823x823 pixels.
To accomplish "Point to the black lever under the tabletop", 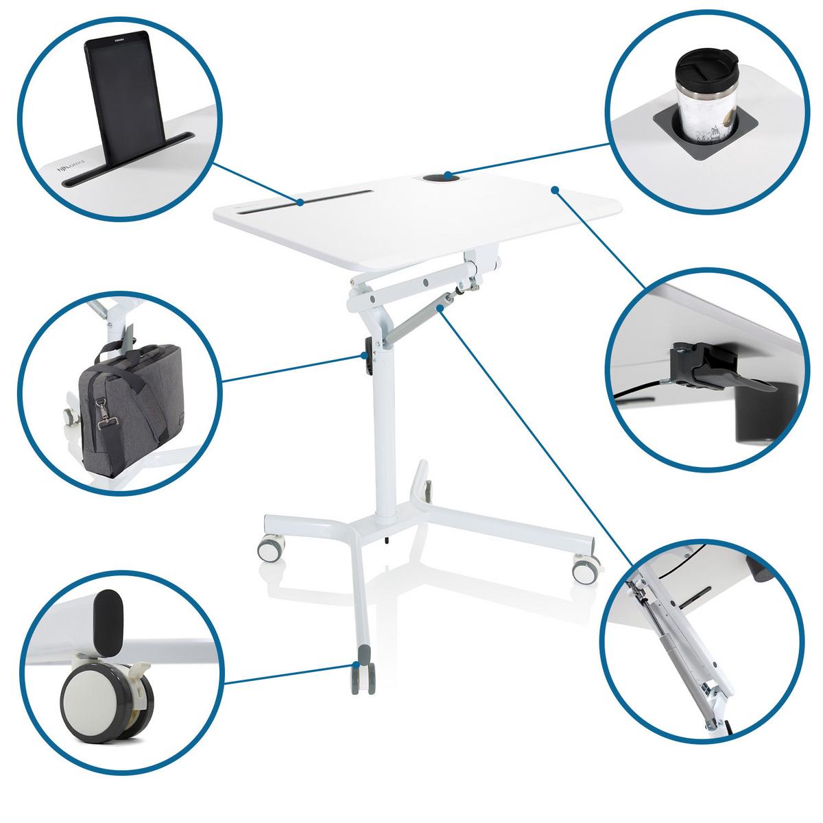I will click(713, 370).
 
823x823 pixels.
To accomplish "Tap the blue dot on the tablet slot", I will click(300, 202).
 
